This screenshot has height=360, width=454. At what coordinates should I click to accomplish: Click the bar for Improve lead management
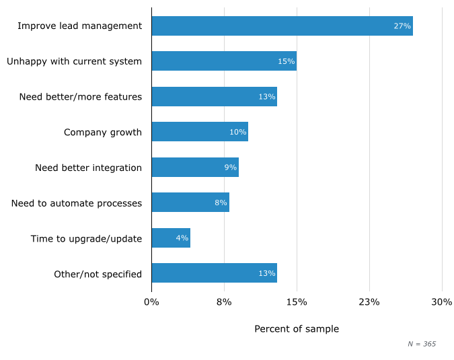[282, 26]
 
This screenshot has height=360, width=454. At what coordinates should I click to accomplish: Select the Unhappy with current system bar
[224, 61]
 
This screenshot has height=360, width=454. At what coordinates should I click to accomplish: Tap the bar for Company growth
[200, 132]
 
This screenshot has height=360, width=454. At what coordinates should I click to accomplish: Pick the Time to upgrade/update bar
[171, 238]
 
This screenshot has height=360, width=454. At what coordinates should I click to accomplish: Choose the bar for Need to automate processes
[190, 203]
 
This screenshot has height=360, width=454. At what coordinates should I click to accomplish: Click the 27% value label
[402, 26]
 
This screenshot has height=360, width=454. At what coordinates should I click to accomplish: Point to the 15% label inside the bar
[286, 61]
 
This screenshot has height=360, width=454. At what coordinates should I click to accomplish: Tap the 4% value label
[182, 238]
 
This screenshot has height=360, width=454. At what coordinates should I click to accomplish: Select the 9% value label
[230, 168]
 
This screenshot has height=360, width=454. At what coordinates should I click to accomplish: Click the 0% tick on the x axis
[151, 302]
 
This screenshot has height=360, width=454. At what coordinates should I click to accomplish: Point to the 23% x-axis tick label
[369, 302]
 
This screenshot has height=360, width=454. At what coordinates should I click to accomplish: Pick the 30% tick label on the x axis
[442, 302]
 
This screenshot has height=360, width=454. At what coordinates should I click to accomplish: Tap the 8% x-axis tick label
[224, 302]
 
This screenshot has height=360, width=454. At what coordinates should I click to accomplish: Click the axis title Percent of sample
[297, 329]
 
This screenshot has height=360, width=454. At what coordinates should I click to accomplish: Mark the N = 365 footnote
[422, 344]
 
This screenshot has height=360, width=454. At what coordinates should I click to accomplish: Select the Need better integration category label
[88, 168]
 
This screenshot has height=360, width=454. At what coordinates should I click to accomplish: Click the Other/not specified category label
[98, 274]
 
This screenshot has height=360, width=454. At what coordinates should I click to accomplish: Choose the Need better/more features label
[81, 97]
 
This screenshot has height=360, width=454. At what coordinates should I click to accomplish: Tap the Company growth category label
[103, 132]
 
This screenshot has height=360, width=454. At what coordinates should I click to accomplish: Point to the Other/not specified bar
[214, 273]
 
